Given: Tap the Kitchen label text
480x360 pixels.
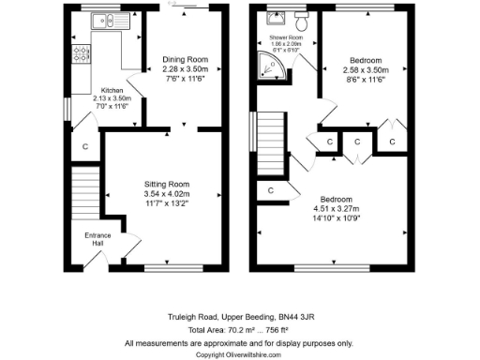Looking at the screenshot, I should coord(112,91).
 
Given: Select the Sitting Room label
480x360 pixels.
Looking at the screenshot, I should coord(167,184).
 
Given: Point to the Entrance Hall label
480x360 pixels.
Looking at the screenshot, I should coord(97,239).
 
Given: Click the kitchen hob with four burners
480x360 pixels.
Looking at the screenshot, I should coord(80,52).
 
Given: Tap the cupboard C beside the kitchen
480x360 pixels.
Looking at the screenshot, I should coord(84,146).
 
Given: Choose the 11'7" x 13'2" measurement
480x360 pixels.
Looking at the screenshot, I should coord(167,202).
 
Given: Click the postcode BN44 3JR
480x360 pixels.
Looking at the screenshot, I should coord(287,319).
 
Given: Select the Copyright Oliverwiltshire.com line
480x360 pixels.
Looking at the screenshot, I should coord(239,354).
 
